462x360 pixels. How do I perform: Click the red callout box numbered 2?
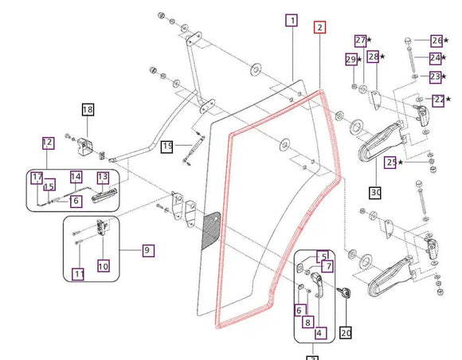[x=319, y=27]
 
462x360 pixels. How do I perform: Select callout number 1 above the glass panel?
[x=292, y=21]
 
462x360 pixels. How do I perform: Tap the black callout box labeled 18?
[x=88, y=110]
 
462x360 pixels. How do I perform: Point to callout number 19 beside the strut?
[x=167, y=147]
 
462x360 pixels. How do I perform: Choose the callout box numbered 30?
[x=375, y=193]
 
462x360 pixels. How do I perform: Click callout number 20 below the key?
[x=346, y=333]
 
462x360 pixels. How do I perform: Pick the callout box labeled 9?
[x=148, y=250]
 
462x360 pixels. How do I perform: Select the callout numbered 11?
[x=78, y=274]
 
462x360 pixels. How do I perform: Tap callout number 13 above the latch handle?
[x=103, y=178]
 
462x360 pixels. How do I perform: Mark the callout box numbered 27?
[x=361, y=41]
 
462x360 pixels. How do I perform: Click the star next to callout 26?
[x=446, y=40]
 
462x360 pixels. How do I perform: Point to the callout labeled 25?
[x=390, y=162]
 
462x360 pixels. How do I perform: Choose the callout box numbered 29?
[x=351, y=60]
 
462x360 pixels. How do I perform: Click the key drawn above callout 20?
[x=344, y=292]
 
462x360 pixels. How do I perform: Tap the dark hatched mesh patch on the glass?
[x=211, y=230]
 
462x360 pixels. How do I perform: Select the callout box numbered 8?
[x=308, y=322]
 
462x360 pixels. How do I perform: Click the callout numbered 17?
[x=37, y=178]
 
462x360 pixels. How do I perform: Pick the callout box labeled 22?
[x=438, y=100]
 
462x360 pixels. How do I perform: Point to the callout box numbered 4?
[x=320, y=333]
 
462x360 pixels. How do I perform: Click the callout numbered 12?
[x=48, y=143]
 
